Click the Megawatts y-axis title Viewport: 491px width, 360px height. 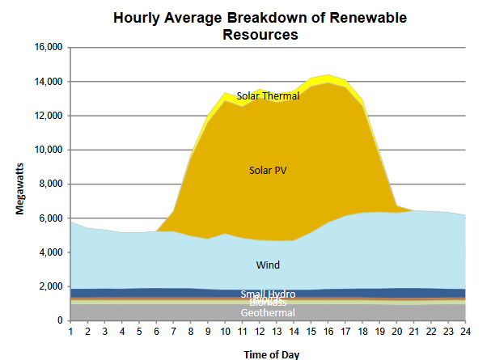tap(19, 186)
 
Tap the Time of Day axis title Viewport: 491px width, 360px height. tap(273, 353)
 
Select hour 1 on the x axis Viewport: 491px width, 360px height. tap(71, 332)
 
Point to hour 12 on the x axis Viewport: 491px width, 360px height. tap(259, 332)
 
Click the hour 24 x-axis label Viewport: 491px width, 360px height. tap(465, 332)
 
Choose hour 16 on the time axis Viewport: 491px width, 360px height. tap(328, 332)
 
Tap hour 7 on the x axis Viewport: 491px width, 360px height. tap(174, 332)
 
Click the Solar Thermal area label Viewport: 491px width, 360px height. tap(268, 95)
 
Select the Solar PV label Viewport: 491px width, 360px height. tap(268, 170)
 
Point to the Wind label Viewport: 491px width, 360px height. tap(268, 265)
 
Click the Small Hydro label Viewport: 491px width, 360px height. tap(268, 294)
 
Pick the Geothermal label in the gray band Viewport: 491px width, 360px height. tap(268, 313)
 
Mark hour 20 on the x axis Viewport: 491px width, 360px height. tap(396, 332)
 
